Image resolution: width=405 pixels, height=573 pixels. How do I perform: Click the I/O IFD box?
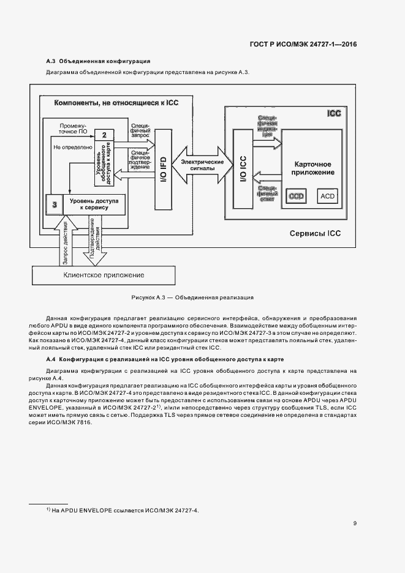click(162, 164)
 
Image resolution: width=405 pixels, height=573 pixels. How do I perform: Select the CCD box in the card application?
click(297, 196)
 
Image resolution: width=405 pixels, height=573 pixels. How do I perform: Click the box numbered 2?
click(105, 135)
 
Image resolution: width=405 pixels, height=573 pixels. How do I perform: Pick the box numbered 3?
click(55, 204)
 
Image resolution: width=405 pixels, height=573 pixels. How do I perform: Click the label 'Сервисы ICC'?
click(315, 233)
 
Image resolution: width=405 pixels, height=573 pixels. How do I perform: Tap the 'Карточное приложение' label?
click(313, 168)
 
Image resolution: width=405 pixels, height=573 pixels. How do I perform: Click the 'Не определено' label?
click(72, 147)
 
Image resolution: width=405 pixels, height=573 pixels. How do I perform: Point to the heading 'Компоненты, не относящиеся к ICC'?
click(116, 103)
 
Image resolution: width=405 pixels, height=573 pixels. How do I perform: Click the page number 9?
click(355, 523)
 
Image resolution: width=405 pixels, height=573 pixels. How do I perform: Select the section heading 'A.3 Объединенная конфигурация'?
click(98, 61)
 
